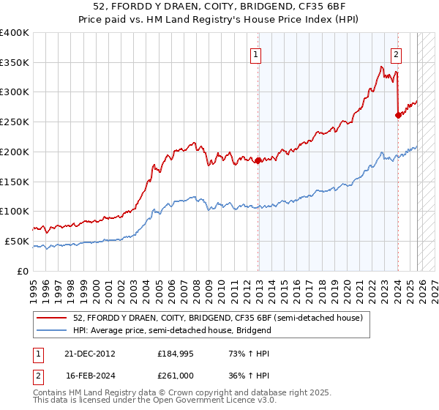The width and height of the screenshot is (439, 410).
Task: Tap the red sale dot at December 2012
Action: [x=258, y=160]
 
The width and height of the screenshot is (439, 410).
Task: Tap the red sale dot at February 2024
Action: [x=398, y=114]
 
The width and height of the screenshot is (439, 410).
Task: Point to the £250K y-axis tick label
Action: [x=15, y=122]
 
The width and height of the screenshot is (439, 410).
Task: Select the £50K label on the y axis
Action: [x=17, y=242]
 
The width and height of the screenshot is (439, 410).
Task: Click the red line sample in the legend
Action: [x=52, y=318]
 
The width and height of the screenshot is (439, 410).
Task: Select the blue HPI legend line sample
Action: [x=52, y=330]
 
